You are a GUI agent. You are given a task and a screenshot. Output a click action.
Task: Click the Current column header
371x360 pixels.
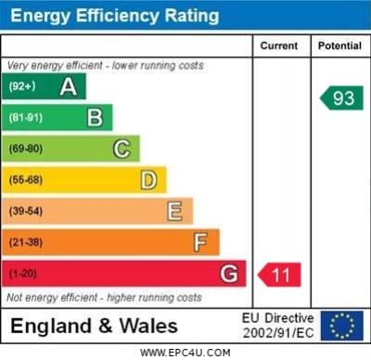point(279,45)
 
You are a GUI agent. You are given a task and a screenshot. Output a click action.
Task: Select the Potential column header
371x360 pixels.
point(339,45)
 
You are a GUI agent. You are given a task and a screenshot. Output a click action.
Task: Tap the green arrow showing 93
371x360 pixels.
point(341,98)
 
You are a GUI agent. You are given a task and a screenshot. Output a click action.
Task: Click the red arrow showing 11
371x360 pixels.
point(279,275)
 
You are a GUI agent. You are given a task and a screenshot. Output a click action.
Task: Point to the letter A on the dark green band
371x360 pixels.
point(69,86)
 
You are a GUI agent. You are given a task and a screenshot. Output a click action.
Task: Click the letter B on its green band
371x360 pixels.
point(95,118)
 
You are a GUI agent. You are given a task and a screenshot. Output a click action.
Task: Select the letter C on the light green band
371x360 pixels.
point(122,148)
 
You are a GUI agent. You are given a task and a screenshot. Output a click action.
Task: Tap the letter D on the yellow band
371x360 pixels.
point(148,180)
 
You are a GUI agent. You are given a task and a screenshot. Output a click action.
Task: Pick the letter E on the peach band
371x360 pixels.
point(174,212)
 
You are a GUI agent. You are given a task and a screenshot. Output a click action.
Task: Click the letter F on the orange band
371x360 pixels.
point(200,242)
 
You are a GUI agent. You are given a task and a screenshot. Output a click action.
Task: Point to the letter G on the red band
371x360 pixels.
point(229,274)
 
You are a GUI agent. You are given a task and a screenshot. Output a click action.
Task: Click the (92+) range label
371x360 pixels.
point(22,86)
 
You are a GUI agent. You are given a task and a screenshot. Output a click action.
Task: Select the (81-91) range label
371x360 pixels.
point(26,118)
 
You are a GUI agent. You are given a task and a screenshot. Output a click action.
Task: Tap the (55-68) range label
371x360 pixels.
point(26,180)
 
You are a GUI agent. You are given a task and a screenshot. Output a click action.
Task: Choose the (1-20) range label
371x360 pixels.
point(22,274)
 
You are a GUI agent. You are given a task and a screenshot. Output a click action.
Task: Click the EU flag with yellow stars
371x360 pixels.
point(342,326)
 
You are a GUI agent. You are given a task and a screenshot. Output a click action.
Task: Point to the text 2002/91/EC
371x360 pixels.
point(278,333)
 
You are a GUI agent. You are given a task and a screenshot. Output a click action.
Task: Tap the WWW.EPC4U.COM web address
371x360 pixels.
point(185,353)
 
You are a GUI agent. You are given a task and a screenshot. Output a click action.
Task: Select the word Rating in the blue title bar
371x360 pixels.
point(192,16)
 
